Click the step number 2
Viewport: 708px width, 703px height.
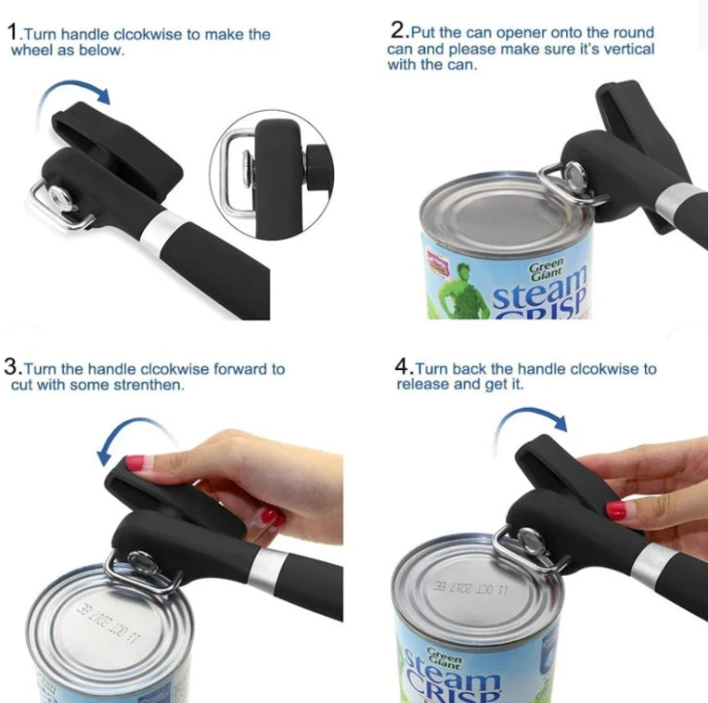coord(396,32)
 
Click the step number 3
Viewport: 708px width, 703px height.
coord(12,368)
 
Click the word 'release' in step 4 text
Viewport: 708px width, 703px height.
coord(421,385)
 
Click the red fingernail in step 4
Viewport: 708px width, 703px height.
coord(616,510)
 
